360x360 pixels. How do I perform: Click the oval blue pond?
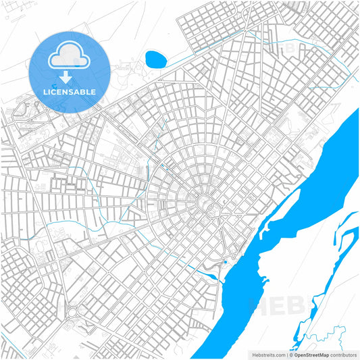pyautogui.click(x=155, y=59)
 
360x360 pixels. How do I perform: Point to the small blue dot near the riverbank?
pyautogui.click(x=225, y=262)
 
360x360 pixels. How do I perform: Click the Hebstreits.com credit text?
pyautogui.click(x=267, y=355)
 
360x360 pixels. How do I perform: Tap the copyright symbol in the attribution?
pyautogui.click(x=290, y=355)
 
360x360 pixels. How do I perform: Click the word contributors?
pyautogui.click(x=342, y=355)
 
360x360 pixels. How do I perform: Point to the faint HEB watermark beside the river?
pyautogui.click(x=270, y=304)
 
